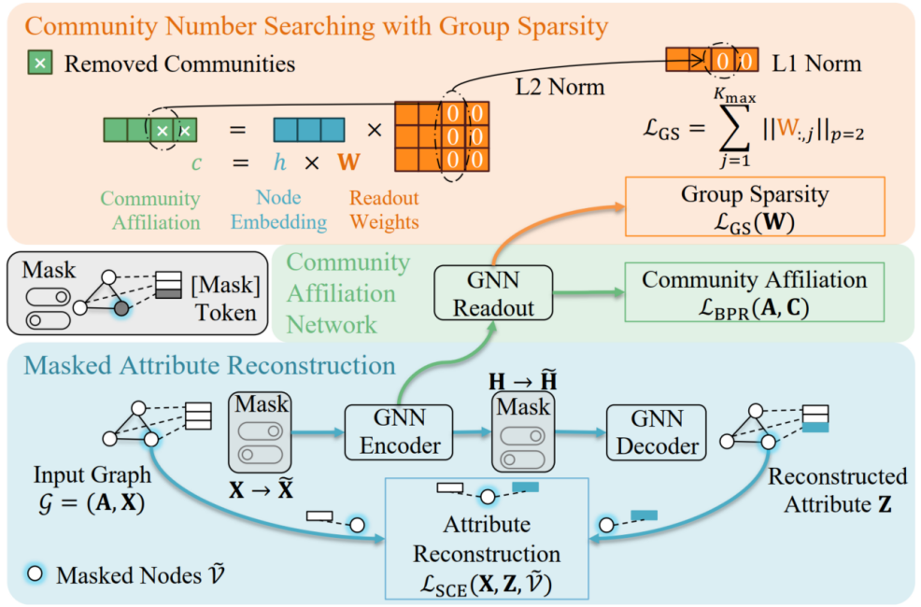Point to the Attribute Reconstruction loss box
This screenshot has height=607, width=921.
point(488,538)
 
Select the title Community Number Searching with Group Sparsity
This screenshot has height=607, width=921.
point(309,24)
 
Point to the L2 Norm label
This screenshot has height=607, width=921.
point(560,88)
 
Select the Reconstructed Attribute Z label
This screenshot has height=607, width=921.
point(837,490)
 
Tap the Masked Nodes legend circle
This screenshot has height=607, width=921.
point(35,574)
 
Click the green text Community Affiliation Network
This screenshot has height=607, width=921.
point(347,293)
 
